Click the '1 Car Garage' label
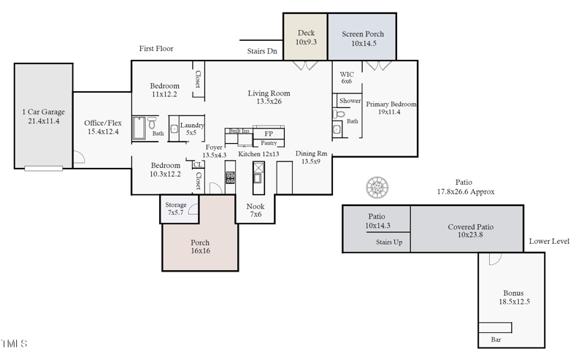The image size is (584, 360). pos(43,116)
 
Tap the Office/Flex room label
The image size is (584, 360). pos(102,127)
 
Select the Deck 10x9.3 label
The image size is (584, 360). pos(306,38)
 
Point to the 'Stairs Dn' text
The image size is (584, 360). pos(262,51)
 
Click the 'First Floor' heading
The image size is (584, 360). pos(156,49)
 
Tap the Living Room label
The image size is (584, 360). pos(269,97)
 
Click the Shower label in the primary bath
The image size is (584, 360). pos(350,101)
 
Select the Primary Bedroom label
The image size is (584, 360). pos(391,108)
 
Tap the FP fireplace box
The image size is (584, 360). pos(269,134)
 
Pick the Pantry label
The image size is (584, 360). pos(269,143)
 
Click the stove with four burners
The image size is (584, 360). pos(230,177)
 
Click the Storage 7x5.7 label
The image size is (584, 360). pos(176,209)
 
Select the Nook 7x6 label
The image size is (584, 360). pos(255,211)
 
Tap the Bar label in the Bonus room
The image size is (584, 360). pos(496,340)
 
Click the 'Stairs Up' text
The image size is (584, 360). pos(390,242)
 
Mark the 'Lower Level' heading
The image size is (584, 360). pos(549,242)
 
